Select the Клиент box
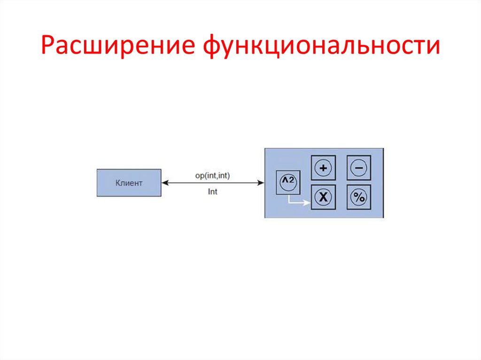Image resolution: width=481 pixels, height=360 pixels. click(x=129, y=183)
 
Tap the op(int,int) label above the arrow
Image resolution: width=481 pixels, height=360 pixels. click(x=212, y=175)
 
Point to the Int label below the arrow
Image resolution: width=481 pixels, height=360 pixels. click(x=212, y=191)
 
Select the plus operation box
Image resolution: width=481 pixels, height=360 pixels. click(x=323, y=168)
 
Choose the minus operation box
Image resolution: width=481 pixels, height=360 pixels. click(x=358, y=168)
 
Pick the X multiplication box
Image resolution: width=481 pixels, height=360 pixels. click(x=323, y=197)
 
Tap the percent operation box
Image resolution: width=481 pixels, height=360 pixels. click(x=358, y=197)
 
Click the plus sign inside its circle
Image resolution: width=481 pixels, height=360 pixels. click(x=323, y=168)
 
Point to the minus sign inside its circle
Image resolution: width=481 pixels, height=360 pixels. click(x=358, y=168)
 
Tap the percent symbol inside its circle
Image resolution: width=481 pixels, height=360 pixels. click(x=358, y=197)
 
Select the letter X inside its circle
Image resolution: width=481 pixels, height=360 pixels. click(x=323, y=197)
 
